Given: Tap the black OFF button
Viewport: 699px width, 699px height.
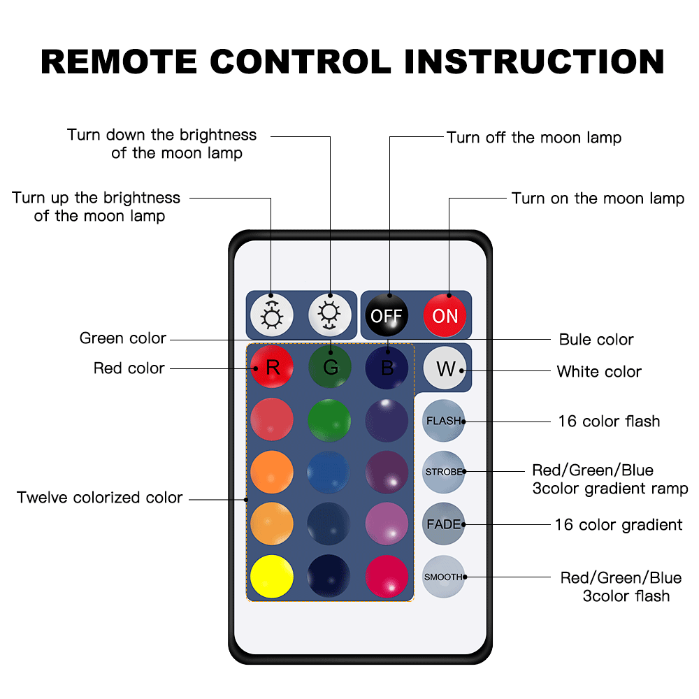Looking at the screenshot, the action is [x=387, y=315].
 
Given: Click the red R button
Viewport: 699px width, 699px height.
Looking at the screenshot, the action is [x=272, y=368].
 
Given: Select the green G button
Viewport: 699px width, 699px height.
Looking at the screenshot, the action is [x=330, y=368].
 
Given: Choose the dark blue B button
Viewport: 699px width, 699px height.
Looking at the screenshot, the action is [x=387, y=368].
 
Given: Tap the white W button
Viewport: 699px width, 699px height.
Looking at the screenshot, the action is [x=445, y=368].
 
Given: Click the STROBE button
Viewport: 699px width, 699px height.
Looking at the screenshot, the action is [x=444, y=472].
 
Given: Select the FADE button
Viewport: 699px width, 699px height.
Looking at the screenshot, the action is [x=444, y=524].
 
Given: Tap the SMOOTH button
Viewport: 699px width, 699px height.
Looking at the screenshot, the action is [x=444, y=577].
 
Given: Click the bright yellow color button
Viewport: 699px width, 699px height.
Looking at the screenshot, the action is [x=272, y=577].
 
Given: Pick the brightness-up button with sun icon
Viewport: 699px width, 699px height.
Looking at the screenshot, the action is [x=272, y=315].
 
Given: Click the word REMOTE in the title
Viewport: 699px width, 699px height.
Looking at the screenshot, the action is [x=119, y=62].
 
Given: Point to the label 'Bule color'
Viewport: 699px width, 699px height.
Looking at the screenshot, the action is [x=596, y=340].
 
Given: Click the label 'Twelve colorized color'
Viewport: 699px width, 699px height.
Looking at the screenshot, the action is [x=99, y=498].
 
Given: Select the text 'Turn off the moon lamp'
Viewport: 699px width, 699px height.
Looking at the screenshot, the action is [x=534, y=138].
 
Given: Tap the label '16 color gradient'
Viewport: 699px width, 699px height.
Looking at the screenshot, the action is [x=619, y=525].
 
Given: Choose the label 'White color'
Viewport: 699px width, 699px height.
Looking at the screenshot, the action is [x=599, y=372].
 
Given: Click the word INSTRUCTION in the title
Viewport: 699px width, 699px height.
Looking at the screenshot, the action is [x=534, y=62].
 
